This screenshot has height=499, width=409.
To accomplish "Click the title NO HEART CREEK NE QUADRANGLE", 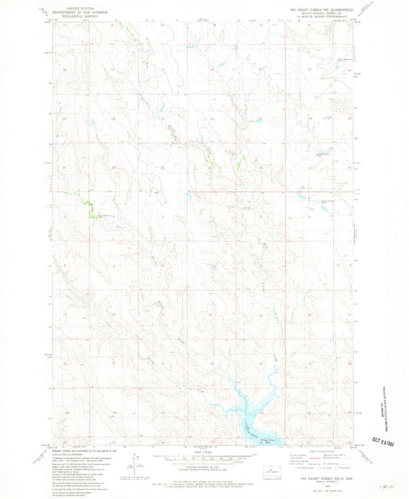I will [323, 5].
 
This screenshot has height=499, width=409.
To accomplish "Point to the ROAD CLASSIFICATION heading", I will [323, 450].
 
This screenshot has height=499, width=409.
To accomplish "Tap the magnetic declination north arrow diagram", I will [135, 463].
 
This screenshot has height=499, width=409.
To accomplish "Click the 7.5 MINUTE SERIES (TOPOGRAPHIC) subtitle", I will [323, 15].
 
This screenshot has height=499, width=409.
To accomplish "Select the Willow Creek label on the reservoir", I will [267, 439].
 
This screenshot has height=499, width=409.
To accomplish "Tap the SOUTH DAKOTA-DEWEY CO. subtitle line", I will [323, 10].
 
